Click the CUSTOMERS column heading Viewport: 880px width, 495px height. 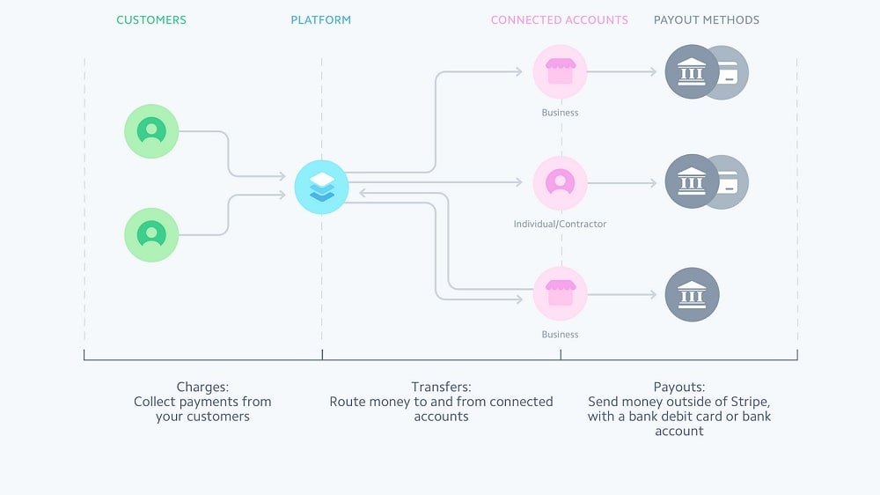[x=151, y=19]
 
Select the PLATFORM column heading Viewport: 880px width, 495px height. [x=321, y=19]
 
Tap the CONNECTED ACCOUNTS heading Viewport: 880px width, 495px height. [x=559, y=19]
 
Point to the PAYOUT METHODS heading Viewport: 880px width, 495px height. [x=707, y=19]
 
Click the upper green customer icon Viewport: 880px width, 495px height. [x=151, y=131]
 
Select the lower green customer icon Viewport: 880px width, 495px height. [x=151, y=234]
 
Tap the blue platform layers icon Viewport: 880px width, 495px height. [x=321, y=187]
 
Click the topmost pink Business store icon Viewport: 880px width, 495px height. [x=560, y=71]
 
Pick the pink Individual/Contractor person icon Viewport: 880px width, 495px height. [x=560, y=182]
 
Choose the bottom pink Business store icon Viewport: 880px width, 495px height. [x=560, y=293]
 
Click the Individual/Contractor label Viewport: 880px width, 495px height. [x=560, y=224]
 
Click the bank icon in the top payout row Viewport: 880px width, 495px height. [x=692, y=71]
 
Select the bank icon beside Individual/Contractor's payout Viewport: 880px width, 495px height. [x=692, y=182]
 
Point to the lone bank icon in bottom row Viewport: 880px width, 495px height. [x=692, y=293]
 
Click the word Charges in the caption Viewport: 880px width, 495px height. [x=202, y=387]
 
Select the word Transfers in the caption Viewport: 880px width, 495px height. [x=441, y=387]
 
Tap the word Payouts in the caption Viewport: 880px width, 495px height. [x=678, y=387]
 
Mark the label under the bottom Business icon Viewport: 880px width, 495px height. [x=560, y=335]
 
